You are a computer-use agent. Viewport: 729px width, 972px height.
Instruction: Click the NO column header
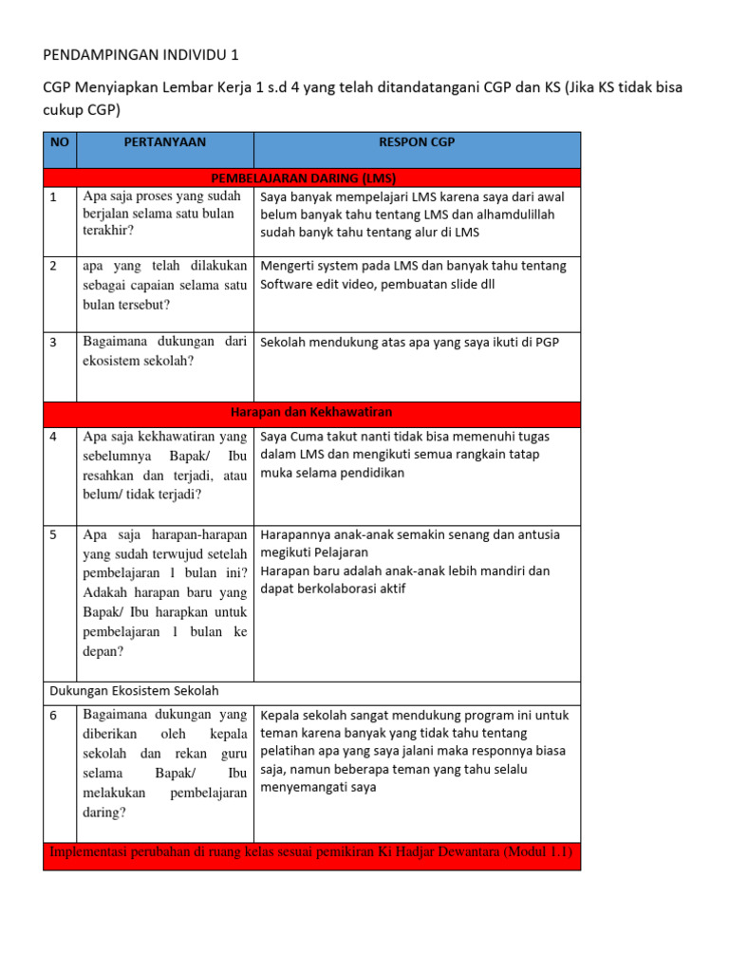(x=60, y=142)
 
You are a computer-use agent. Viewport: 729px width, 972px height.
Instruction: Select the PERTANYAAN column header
(x=165, y=142)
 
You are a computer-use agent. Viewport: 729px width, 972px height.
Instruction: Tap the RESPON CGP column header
(x=417, y=142)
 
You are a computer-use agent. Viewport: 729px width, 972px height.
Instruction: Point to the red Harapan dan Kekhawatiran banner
(x=311, y=413)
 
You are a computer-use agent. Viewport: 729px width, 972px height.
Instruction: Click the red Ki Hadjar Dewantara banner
(x=310, y=851)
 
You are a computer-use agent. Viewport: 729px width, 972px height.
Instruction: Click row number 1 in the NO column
(x=54, y=197)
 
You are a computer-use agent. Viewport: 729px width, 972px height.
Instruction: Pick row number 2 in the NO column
(x=54, y=267)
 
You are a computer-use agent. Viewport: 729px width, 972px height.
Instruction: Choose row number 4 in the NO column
(x=54, y=438)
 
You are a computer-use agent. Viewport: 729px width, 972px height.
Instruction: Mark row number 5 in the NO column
(x=54, y=535)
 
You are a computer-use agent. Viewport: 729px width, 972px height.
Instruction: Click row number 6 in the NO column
(x=54, y=716)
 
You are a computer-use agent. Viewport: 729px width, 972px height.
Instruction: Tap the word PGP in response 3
(x=544, y=343)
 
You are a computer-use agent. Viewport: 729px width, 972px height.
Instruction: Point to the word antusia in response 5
(x=535, y=534)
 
